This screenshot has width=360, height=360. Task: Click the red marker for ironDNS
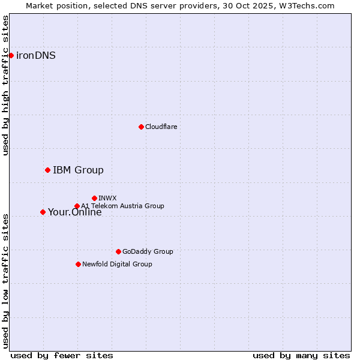[x=11, y=55]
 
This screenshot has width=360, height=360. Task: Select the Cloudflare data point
[x=141, y=127]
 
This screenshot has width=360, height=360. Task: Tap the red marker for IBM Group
[x=47, y=170]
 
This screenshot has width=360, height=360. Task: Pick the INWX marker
[x=94, y=198]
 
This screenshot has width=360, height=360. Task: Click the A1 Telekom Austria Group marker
[x=77, y=206]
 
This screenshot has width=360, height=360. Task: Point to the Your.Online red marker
[x=43, y=212]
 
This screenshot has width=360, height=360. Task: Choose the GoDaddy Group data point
[x=118, y=251]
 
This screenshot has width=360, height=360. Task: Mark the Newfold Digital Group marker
[x=78, y=264]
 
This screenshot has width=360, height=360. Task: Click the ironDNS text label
[x=36, y=56]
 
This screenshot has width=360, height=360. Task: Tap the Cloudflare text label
[x=161, y=127]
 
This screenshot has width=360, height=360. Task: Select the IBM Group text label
[x=78, y=170]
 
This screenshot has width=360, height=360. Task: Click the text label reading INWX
[x=107, y=198]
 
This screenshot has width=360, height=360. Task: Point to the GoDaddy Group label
[x=147, y=252]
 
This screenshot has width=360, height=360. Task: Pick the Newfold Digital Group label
[x=117, y=265]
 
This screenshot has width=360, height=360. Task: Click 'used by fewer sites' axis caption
[x=62, y=355]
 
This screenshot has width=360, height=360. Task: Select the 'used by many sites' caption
[x=301, y=355]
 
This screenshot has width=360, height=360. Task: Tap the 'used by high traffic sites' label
[x=6, y=85]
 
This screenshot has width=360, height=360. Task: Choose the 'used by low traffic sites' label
[x=6, y=280]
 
